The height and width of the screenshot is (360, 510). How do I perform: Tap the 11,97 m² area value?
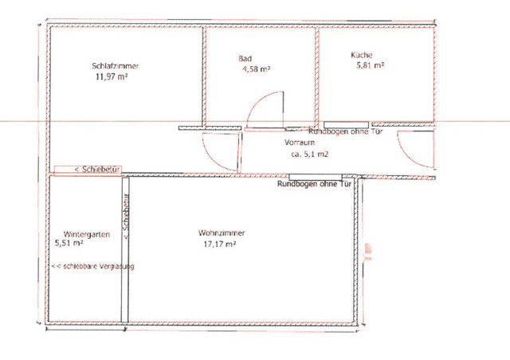pyautogui.click(x=112, y=76)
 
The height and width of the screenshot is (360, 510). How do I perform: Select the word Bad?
pyautogui.click(x=245, y=59)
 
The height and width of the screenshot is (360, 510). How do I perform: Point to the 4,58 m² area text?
pyautogui.click(x=257, y=70)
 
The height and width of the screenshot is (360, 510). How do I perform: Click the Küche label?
pyautogui.click(x=361, y=55)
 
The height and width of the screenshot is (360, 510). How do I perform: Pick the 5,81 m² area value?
pyautogui.click(x=371, y=66)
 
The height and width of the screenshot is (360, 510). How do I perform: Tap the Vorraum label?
pyautogui.click(x=300, y=143)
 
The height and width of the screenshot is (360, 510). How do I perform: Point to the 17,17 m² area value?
pyautogui.click(x=220, y=245)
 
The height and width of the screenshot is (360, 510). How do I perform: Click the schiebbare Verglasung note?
pyautogui.click(x=92, y=266)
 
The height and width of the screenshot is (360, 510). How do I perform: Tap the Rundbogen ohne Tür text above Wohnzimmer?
pyautogui.click(x=315, y=184)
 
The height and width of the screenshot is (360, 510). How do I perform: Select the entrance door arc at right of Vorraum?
pyautogui.click(x=414, y=151)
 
